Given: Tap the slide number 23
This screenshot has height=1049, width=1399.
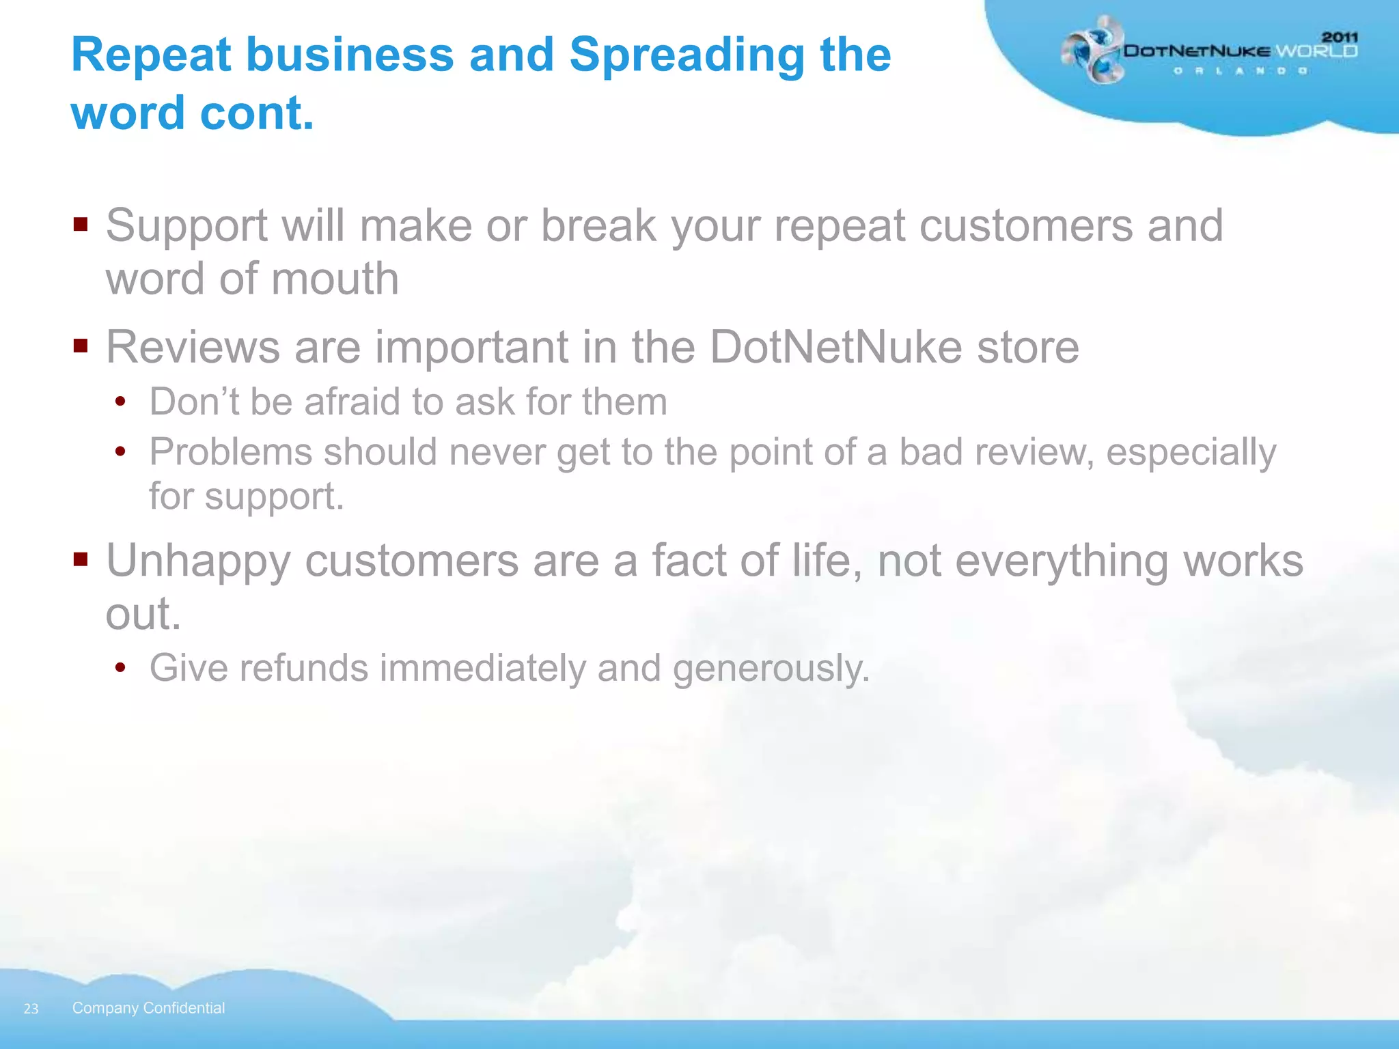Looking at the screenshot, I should (x=31, y=1009).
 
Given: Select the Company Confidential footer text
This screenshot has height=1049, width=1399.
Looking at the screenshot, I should (x=148, y=1008).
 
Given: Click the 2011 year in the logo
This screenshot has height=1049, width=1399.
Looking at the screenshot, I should (x=1340, y=38).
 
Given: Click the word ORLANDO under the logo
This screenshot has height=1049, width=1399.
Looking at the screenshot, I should (x=1241, y=70).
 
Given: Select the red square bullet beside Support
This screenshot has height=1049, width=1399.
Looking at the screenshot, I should (x=81, y=225).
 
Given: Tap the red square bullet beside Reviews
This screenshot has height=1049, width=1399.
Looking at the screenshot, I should (x=81, y=346).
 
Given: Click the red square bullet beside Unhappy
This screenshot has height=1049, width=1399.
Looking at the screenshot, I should (x=81, y=560).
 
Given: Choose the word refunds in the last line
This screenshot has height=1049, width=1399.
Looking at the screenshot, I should (x=303, y=668).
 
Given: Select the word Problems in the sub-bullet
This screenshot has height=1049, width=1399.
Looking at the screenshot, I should (x=230, y=452).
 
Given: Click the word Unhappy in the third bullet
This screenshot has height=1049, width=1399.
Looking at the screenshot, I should (x=198, y=561).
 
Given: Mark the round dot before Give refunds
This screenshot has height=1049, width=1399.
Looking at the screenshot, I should (x=121, y=667).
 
